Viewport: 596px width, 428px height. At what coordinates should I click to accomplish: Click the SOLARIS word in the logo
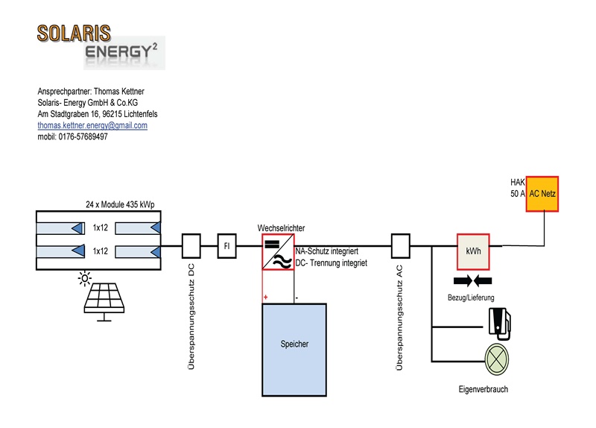(74, 34)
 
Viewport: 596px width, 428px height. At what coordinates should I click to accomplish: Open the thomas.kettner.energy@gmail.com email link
(92, 125)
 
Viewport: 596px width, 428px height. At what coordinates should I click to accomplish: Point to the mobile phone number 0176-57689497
(83, 136)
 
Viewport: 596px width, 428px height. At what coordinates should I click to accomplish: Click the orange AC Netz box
(542, 194)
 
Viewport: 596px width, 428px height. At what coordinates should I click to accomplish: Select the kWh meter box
(473, 251)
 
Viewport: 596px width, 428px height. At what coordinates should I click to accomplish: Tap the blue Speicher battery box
(294, 350)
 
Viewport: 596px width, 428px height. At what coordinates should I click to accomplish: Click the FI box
(227, 246)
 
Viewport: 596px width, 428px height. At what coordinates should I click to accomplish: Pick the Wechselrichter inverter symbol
(278, 252)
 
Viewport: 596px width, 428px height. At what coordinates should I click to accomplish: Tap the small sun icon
(85, 278)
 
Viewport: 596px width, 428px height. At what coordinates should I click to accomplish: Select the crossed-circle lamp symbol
(497, 359)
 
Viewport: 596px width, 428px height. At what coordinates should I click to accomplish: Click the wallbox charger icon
(500, 324)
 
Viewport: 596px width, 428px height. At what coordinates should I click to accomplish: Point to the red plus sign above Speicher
(266, 297)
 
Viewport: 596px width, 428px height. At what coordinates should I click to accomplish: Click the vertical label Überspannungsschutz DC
(191, 317)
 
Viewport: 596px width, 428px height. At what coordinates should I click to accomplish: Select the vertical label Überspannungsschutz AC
(399, 318)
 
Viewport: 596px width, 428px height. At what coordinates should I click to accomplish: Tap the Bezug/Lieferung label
(471, 298)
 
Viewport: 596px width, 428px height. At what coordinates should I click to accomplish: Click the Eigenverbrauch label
(483, 389)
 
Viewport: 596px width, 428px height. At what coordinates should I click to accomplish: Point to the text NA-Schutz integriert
(327, 251)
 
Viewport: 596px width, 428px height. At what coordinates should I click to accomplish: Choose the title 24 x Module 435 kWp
(120, 204)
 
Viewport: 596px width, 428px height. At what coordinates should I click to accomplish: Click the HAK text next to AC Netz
(518, 182)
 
